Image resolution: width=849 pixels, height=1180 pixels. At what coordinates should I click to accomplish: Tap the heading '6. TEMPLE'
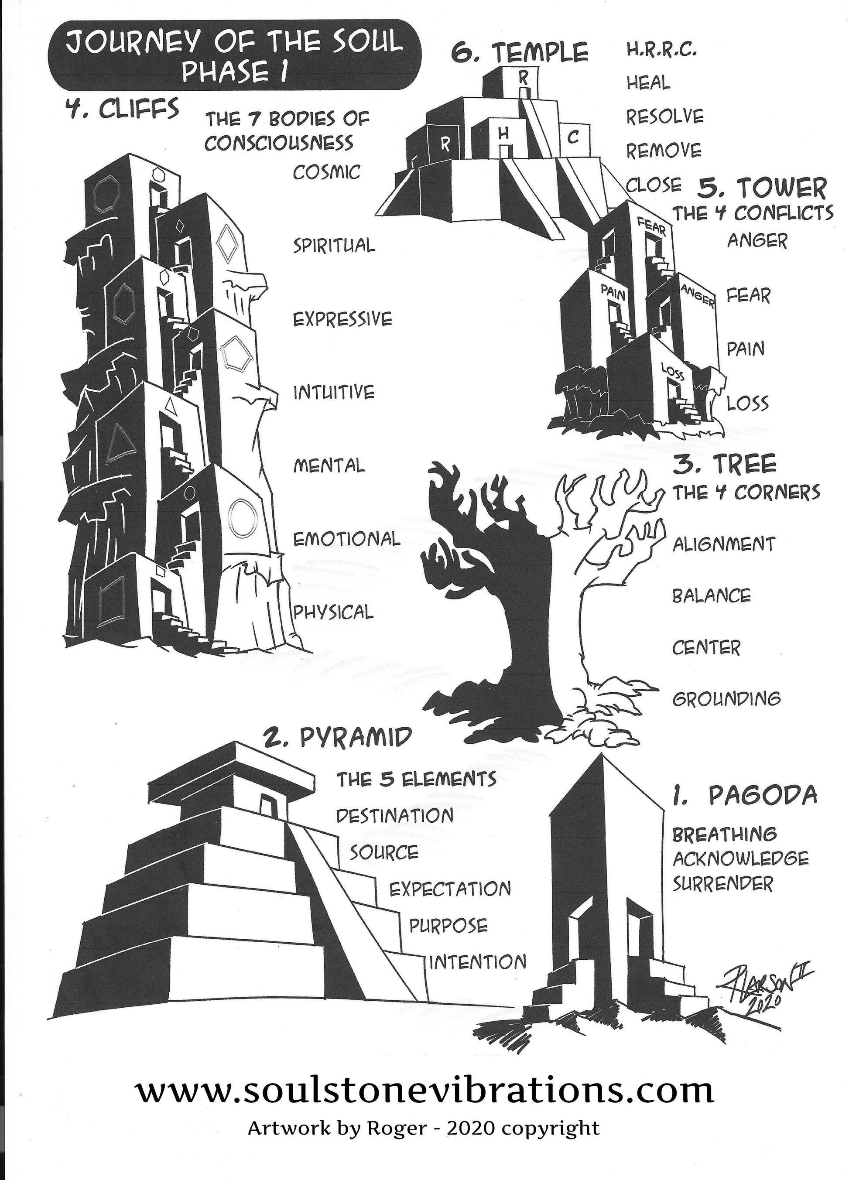click(x=519, y=52)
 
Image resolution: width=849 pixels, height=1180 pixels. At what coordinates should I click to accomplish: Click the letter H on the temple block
click(x=503, y=134)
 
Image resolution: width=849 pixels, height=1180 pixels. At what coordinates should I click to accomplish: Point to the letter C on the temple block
click(x=573, y=138)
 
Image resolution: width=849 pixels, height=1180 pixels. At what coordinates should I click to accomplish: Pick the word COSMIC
click(x=326, y=172)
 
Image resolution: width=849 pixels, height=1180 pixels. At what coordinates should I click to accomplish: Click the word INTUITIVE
click(x=333, y=392)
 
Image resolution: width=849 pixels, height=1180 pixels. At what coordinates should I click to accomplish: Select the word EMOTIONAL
click(x=346, y=539)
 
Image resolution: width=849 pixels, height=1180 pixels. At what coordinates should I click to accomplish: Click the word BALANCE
click(x=711, y=596)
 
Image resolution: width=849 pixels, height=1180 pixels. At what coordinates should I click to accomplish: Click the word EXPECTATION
click(x=450, y=889)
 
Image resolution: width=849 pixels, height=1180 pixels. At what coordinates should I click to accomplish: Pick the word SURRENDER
click(x=722, y=883)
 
